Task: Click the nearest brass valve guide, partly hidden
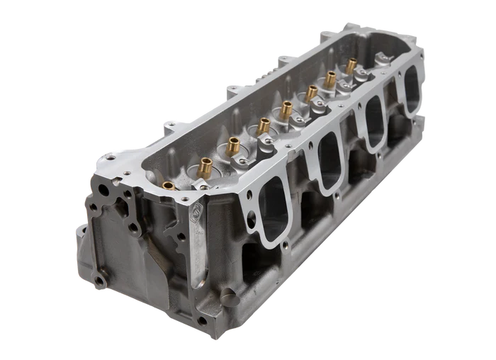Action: (x=169, y=186)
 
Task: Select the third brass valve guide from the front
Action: (x=233, y=146)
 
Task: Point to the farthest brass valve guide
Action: (x=351, y=65)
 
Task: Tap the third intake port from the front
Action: (x=374, y=125)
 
